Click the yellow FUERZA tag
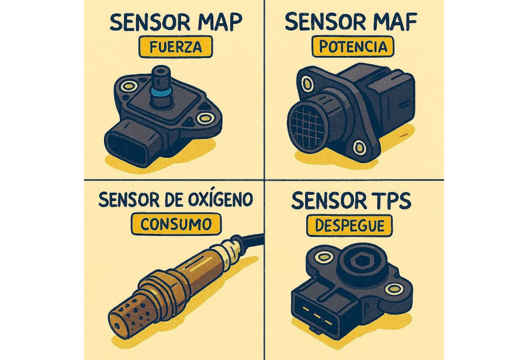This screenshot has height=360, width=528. click(174, 47)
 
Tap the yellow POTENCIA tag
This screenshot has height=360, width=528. click(353, 47)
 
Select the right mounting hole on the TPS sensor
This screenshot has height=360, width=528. click(392, 288)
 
